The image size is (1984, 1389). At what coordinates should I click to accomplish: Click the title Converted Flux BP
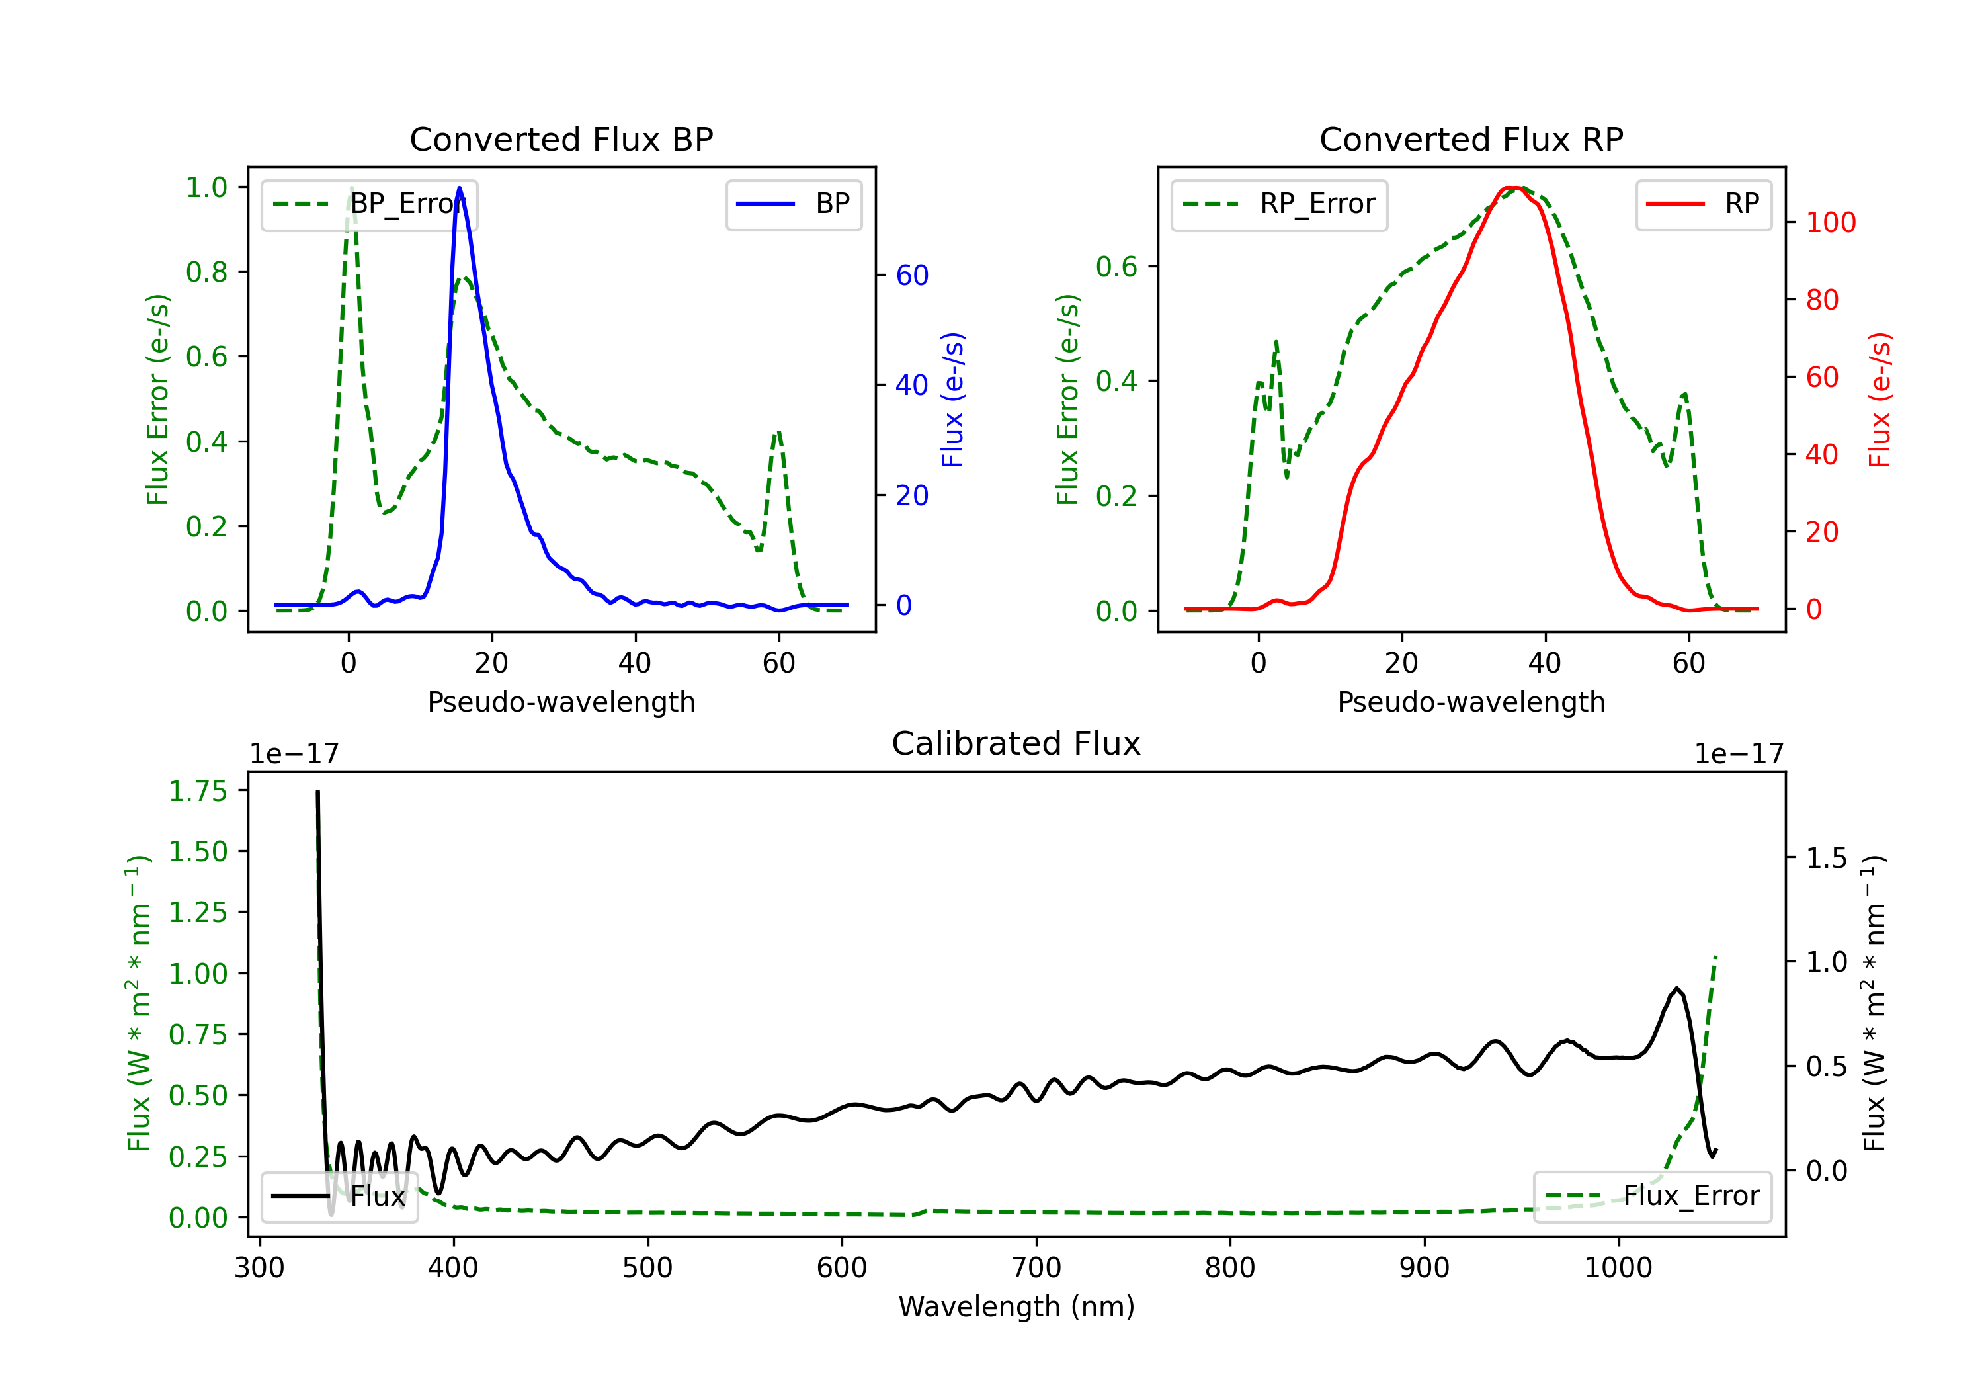(561, 139)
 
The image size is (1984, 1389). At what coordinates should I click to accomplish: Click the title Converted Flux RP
(1471, 139)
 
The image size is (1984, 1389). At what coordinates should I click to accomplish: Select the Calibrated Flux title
(1016, 743)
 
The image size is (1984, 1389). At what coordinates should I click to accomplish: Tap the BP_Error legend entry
(369, 204)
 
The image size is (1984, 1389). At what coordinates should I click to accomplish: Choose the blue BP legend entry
(793, 204)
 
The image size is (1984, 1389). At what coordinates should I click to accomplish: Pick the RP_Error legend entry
(1279, 204)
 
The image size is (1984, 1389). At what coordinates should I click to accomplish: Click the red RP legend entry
(1703, 204)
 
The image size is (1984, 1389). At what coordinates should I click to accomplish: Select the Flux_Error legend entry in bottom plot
(1652, 1197)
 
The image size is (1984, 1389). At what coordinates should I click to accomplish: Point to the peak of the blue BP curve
(459, 188)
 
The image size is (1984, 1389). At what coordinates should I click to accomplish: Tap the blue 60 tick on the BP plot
(911, 276)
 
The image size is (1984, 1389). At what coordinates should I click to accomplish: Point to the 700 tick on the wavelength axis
(1036, 1268)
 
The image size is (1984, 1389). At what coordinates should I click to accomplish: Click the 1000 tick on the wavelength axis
(1618, 1268)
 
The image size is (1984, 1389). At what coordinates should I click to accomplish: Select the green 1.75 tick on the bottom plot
(198, 792)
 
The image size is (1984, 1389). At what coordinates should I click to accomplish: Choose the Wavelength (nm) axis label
(1016, 1307)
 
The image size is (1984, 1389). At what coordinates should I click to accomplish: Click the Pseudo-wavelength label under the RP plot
(1471, 702)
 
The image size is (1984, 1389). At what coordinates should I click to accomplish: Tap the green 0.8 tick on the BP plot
(206, 273)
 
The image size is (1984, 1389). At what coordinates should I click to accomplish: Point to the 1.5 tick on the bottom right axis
(1827, 859)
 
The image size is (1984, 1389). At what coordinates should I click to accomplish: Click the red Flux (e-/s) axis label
(1879, 400)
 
